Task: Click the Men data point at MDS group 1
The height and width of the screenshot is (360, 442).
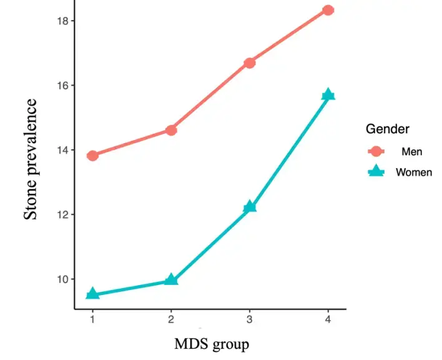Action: pyautogui.click(x=92, y=156)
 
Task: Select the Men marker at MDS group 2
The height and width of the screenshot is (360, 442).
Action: pyautogui.click(x=171, y=130)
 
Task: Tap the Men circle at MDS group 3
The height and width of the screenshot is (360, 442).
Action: pyautogui.click(x=250, y=62)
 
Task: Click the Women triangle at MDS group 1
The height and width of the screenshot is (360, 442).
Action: pyautogui.click(x=92, y=294)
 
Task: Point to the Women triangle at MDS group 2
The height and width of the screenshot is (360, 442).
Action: pyautogui.click(x=171, y=280)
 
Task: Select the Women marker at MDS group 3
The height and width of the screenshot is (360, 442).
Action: pyautogui.click(x=250, y=207)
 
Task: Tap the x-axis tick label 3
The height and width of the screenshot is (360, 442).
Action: pyautogui.click(x=250, y=319)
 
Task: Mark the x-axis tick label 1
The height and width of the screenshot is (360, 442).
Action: pyautogui.click(x=92, y=319)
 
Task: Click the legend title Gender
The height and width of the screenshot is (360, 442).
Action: pyautogui.click(x=387, y=129)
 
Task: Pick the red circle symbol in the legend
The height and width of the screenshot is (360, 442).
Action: pyautogui.click(x=376, y=151)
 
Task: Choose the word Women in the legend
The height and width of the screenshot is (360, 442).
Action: pyautogui.click(x=413, y=172)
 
